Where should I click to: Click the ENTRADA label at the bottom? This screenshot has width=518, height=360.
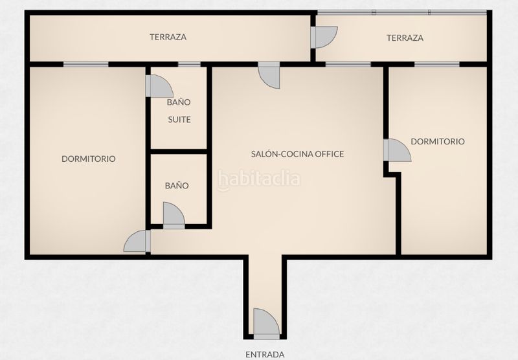click(x=265, y=355)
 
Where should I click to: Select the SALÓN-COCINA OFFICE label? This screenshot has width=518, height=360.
click(x=297, y=154)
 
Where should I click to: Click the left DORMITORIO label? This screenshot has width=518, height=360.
click(x=89, y=159)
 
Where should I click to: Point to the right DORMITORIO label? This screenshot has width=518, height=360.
click(x=438, y=142)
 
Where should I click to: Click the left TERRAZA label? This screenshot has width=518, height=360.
click(x=168, y=37)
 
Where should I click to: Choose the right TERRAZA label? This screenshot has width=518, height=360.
click(x=405, y=38)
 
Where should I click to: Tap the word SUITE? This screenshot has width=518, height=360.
click(x=179, y=120)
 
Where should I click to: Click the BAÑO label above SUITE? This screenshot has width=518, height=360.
click(x=179, y=102)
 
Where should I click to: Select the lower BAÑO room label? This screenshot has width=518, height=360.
click(x=177, y=186)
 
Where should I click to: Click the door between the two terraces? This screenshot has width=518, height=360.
click(x=324, y=38)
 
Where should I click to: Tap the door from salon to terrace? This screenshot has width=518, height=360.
click(x=269, y=75)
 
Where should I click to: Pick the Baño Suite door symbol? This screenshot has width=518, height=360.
click(x=159, y=86)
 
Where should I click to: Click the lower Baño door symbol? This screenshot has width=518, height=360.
click(x=174, y=216)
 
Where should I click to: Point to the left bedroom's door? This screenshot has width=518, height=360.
click(x=137, y=241)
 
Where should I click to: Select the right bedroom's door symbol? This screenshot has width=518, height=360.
click(x=398, y=150)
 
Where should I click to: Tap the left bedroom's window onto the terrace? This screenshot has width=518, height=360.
click(x=86, y=64)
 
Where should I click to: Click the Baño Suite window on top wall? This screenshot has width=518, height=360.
click(x=189, y=64)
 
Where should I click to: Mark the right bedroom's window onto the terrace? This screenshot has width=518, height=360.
click(x=436, y=64)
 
